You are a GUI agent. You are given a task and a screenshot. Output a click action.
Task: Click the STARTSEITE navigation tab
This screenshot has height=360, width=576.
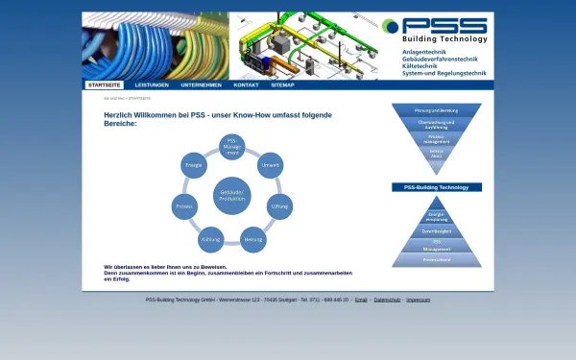tap(105, 84)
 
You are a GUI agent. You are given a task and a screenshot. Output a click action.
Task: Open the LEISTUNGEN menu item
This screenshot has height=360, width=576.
tap(152, 84)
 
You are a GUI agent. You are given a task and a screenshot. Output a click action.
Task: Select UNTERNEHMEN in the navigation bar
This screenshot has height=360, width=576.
tap(200, 84)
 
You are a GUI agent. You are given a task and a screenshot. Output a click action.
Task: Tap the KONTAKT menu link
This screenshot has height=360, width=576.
tap(246, 84)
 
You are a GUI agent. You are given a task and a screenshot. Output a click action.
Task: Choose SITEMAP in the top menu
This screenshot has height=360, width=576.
tap(282, 84)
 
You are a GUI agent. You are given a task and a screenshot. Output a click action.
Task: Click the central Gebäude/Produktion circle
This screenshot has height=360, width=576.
tap(231, 194)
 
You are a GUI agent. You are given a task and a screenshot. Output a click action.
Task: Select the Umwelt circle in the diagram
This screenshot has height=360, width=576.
tap(270, 165)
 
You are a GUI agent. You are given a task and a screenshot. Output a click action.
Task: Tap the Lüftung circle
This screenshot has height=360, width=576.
tap(279, 206)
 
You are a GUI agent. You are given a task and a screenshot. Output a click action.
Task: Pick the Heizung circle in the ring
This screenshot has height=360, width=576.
tap(252, 239)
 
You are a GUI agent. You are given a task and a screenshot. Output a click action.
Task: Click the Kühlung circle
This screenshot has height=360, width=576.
tap(211, 239)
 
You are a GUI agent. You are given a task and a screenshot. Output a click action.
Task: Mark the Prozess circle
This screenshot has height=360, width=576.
tap(184, 206)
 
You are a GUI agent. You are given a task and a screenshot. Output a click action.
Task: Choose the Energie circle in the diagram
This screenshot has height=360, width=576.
tap(193, 165)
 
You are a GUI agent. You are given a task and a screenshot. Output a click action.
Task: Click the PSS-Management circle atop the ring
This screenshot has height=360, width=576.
tap(231, 147)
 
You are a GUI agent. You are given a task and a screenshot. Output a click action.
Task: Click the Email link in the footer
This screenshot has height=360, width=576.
tap(361, 300)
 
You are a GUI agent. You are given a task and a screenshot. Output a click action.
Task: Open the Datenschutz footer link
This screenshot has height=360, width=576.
tap(387, 300)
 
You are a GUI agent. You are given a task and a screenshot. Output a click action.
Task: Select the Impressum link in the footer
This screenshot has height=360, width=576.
tap(418, 300)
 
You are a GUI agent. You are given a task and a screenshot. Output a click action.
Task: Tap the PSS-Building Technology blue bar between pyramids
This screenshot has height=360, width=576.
tap(437, 187)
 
